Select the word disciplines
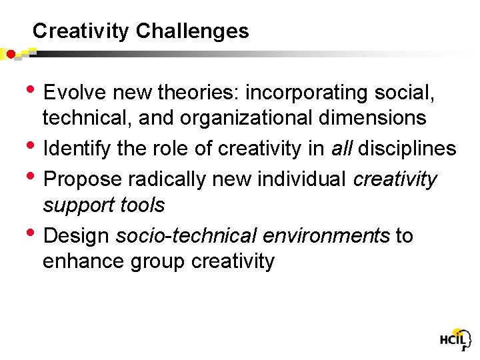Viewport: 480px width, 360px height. (407, 149)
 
